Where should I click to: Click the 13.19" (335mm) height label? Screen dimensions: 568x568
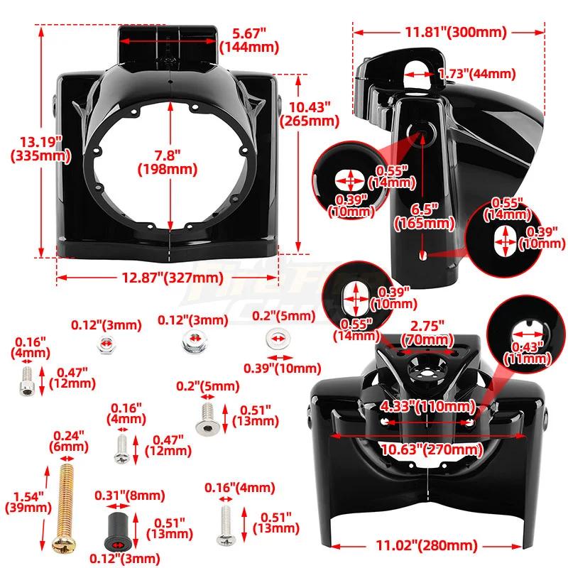click(x=28, y=148)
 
